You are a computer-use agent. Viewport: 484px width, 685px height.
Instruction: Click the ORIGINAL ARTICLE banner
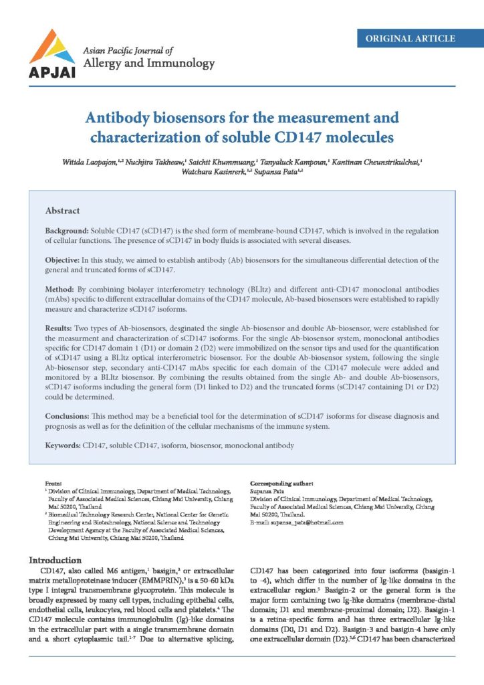pos(410,39)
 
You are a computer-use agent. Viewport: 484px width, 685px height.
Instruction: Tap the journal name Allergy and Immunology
pos(148,64)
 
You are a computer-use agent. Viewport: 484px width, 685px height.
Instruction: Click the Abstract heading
pos(63,211)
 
